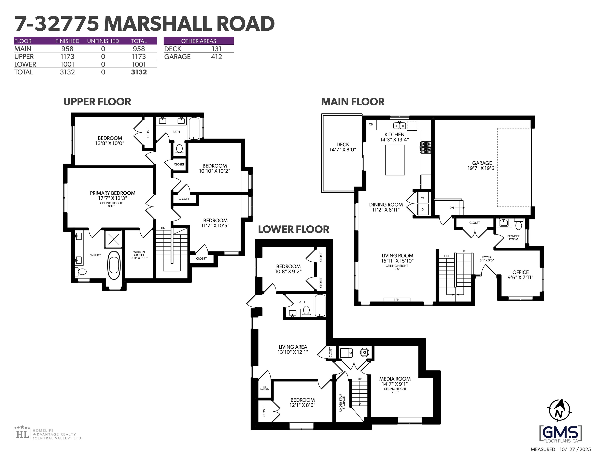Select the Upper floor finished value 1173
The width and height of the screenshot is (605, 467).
pyautogui.click(x=67, y=57)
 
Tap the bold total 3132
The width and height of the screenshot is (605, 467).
pyautogui.click(x=139, y=72)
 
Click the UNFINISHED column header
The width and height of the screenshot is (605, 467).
pyautogui.click(x=103, y=41)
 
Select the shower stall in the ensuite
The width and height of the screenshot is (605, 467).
pyautogui.click(x=113, y=239)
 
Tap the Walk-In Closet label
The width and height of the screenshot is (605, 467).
pyautogui.click(x=139, y=255)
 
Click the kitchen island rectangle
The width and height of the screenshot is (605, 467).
pyautogui.click(x=395, y=160)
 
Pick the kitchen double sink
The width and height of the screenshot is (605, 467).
pyautogui.click(x=399, y=126)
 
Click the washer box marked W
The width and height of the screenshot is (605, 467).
pyautogui.click(x=422, y=198)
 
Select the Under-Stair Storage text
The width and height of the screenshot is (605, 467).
pyautogui.click(x=342, y=403)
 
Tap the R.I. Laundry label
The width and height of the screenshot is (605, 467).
pyautogui.click(x=265, y=388)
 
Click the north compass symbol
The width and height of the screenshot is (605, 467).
pyautogui.click(x=559, y=410)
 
